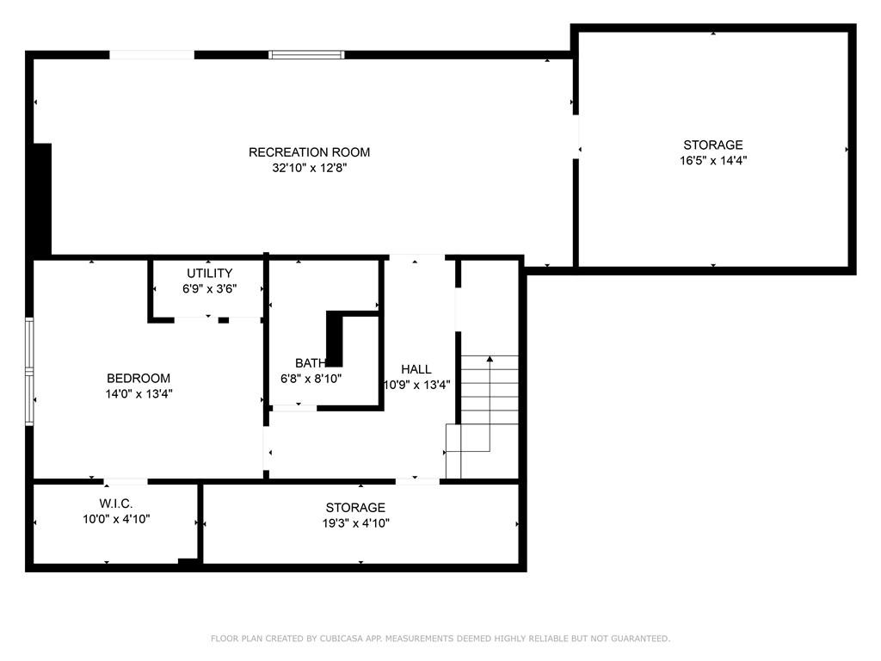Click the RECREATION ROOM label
[x=309, y=152]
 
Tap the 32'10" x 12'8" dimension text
[x=310, y=168]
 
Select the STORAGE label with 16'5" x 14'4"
[x=713, y=145]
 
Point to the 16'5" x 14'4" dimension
[x=713, y=160]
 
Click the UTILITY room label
[x=210, y=273]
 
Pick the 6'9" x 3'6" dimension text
[x=210, y=289]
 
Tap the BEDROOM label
[x=139, y=379]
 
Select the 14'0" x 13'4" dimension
[x=139, y=393]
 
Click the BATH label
[x=311, y=363]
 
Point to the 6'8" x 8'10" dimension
[x=311, y=379]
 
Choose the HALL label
[x=416, y=369]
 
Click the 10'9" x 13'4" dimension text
[x=417, y=385]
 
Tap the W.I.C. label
[x=116, y=503]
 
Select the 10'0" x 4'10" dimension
[x=116, y=519]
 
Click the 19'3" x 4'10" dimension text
[x=355, y=523]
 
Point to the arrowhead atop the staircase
[x=490, y=359]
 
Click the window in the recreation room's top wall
[x=306, y=54]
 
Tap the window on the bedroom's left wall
[x=29, y=371]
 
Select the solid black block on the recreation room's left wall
[x=42, y=200]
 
